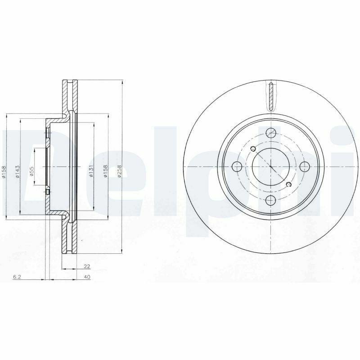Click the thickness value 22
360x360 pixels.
coord(87,266)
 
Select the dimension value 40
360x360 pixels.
coord(87,277)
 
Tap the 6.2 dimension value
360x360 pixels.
coord(17,277)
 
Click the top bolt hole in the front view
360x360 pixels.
coord(271,133)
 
